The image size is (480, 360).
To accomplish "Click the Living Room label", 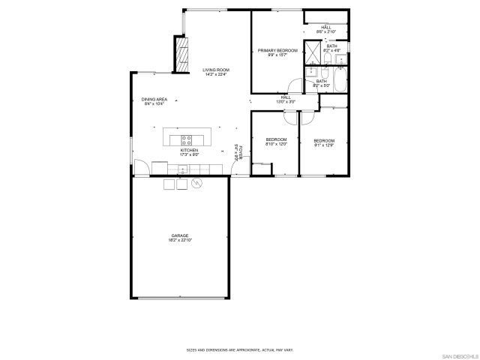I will pos(215,70).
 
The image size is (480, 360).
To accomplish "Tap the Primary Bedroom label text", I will pos(273,50).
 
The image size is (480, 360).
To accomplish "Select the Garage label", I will pos(178,235).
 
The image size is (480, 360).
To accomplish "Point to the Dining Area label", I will pos(154,99).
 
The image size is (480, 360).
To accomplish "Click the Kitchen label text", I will pos(188,150).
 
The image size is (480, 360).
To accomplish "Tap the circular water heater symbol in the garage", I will pos(198,183).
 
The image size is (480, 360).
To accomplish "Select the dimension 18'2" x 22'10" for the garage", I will pos(178,240).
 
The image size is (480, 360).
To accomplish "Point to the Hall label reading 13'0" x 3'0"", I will pos(286,98).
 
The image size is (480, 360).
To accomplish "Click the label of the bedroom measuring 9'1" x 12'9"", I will pos(324,142).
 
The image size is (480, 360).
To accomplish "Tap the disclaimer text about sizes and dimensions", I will pos(239,349).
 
